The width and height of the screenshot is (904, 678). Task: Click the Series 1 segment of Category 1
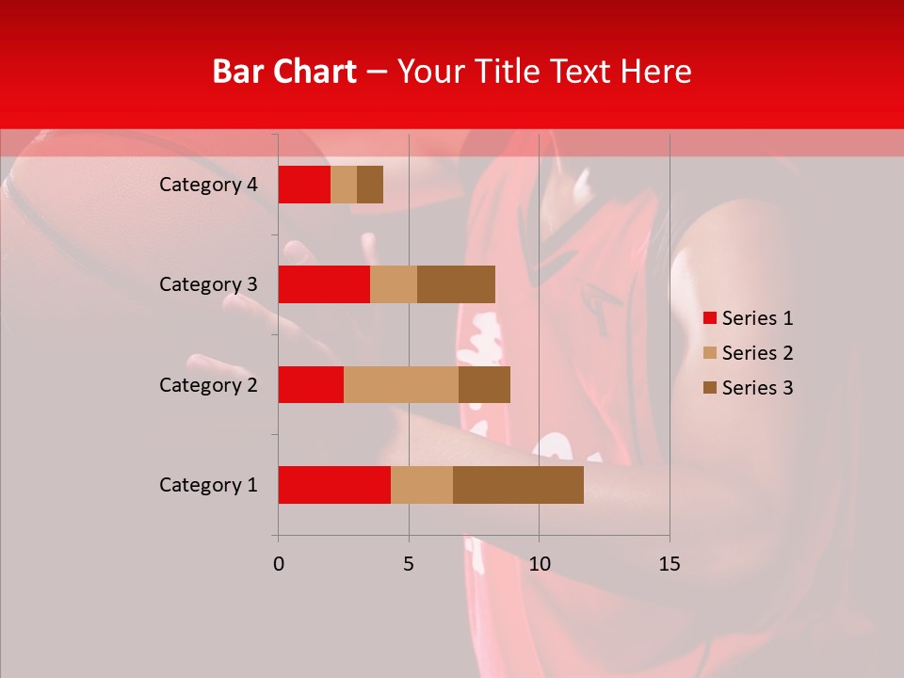coord(334,485)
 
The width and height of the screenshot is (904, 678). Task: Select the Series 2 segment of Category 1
coord(422,485)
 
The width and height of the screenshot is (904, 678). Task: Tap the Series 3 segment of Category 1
coord(518,485)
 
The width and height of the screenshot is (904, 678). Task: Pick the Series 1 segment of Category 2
coord(311,384)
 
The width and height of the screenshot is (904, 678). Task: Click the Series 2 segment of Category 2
coord(401,384)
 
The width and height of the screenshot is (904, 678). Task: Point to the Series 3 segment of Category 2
coord(484,384)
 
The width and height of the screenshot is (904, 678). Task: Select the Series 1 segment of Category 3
coord(324,284)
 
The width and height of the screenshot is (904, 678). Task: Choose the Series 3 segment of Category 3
coord(456,284)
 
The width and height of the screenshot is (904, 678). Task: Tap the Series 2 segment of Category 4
coord(344,185)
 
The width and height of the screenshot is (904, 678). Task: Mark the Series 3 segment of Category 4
coord(370,185)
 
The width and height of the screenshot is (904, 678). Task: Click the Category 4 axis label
coord(208,185)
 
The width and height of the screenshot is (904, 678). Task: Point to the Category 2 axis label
coord(208,384)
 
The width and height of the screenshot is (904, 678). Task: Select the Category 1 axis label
coord(208,485)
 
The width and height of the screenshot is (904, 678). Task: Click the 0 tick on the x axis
coord(278,564)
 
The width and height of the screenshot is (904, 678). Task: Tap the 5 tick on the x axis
coord(409,564)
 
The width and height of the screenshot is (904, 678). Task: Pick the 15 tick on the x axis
coord(669,564)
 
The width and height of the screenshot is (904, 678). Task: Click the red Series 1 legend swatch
coord(710,318)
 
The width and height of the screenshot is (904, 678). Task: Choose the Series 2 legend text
coord(757,353)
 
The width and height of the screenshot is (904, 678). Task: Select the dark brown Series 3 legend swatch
coord(710,388)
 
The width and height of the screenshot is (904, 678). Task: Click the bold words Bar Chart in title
coord(284,72)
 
